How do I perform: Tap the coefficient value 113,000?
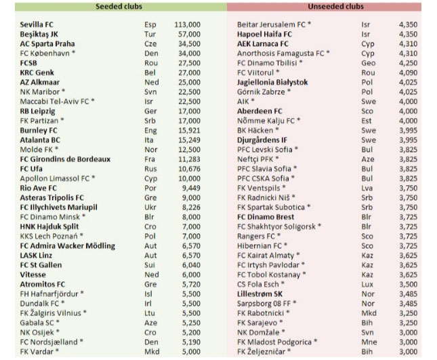(187, 24)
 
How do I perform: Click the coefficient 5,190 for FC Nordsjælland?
(190, 343)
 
